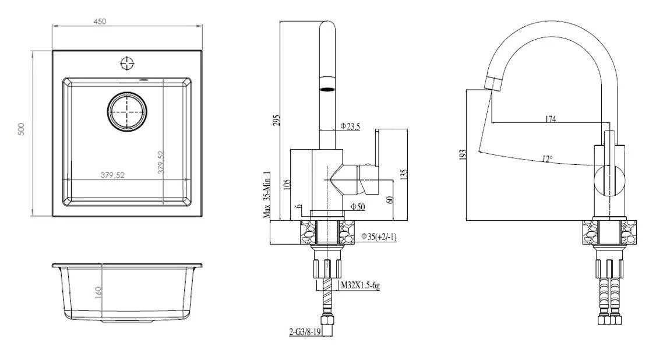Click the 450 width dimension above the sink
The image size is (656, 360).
pos(100,22)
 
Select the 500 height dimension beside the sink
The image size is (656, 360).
pos(22,129)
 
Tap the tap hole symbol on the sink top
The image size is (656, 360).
pos(127,63)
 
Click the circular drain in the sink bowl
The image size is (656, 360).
pos(126,111)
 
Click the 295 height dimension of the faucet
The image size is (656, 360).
pos(277,119)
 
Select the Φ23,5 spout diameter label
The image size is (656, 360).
pos(350,126)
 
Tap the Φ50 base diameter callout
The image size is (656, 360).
pos(358,207)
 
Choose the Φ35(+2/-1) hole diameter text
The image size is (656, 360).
pos(378,237)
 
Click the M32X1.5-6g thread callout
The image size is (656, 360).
pos(362,285)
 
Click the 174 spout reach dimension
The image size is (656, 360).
pos(550,119)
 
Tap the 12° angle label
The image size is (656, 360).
pos(545,158)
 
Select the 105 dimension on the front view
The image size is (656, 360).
pos(286,185)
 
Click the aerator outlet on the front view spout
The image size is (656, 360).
pos(329,89)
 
